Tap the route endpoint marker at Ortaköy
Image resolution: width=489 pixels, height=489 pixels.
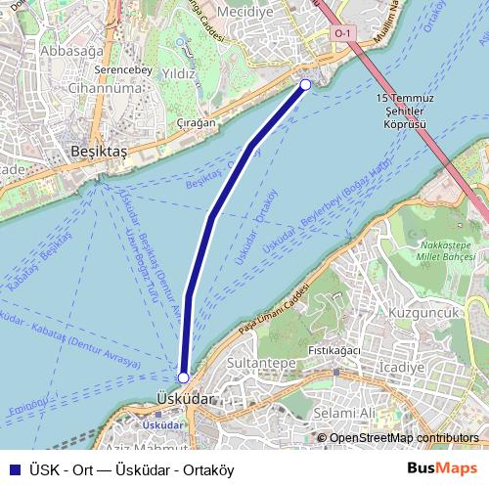(305, 85)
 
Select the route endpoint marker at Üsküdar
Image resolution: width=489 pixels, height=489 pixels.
(183, 377)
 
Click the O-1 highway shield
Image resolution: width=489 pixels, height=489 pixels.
(341, 33)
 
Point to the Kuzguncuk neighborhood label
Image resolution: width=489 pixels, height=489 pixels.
(423, 312)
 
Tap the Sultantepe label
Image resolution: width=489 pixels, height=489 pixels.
(262, 363)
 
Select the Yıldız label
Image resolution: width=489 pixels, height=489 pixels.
(180, 73)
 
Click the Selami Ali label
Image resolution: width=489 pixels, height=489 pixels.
(346, 414)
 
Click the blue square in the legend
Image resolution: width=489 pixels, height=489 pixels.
(12, 469)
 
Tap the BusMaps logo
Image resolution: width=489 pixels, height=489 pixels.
(442, 469)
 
